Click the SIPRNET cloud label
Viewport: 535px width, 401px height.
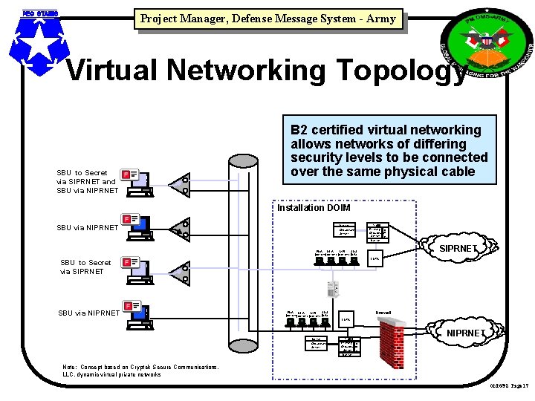[x=458, y=248]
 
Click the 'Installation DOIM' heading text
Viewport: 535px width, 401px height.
[x=313, y=208]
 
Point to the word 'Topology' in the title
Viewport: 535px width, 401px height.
[x=385, y=71]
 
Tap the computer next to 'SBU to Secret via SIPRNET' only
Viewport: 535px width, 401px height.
[x=137, y=268]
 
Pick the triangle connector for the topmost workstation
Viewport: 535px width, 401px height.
[x=180, y=183]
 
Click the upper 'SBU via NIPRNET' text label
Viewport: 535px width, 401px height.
[x=88, y=227]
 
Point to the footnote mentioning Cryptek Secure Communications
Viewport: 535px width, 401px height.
[x=141, y=371]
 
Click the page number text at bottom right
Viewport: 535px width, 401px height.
[x=508, y=386]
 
